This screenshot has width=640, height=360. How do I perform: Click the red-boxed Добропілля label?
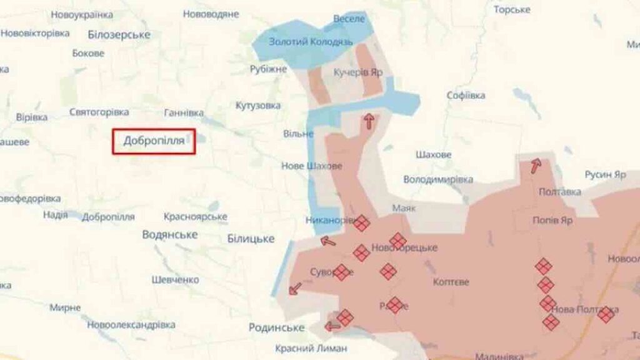[154, 141]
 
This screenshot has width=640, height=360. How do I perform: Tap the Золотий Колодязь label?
[311, 42]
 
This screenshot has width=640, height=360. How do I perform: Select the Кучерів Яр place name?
[358, 72]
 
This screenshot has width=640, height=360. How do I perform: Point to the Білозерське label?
[119, 35]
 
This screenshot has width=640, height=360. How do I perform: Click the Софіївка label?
[466, 96]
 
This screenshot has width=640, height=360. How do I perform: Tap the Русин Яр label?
[605, 174]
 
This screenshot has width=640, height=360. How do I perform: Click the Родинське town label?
[276, 327]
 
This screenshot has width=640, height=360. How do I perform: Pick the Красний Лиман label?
[311, 348]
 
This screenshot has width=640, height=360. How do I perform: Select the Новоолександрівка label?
[131, 325]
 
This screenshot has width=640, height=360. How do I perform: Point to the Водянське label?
[170, 234]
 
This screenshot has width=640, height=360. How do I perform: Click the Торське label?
[512, 9]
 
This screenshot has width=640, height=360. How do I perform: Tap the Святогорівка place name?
[99, 112]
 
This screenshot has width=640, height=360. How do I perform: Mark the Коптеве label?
[451, 282]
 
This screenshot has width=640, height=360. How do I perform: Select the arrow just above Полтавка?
[536, 166]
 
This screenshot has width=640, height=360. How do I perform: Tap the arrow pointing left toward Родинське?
[332, 326]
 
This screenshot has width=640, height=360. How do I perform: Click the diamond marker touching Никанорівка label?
[362, 222]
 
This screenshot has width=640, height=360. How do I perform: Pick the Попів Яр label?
[552, 221]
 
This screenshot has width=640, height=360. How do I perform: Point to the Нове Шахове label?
[312, 166]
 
